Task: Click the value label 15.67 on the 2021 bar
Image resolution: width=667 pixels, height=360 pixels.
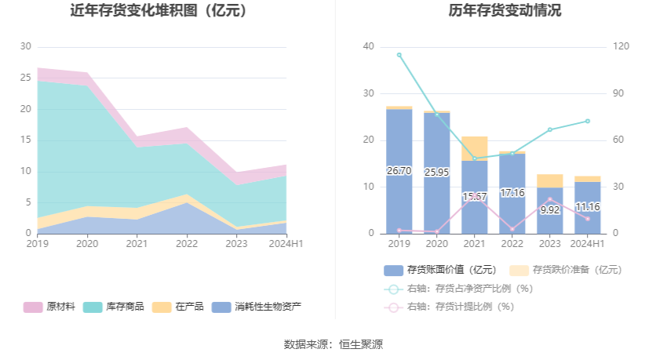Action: pos(475,197)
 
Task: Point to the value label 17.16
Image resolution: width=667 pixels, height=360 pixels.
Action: pos(512,192)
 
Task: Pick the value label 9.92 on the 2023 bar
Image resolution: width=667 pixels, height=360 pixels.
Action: pos(550,209)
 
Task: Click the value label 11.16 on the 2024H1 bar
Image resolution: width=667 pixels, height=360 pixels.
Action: pos(587,207)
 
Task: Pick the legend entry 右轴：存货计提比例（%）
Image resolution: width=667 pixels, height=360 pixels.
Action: pos(458,307)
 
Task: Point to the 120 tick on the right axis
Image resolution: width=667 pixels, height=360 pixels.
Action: pos(621,47)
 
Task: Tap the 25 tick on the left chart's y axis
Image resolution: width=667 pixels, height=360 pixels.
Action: pos(26,78)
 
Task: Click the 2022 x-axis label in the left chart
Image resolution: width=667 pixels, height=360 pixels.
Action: pos(187,245)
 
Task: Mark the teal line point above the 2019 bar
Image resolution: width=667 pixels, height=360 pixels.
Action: pos(399,55)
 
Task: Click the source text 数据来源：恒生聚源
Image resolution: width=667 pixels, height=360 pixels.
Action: pos(333,344)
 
